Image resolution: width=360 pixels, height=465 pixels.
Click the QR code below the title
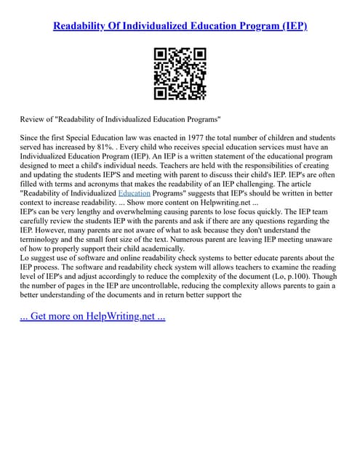click(x=180, y=73)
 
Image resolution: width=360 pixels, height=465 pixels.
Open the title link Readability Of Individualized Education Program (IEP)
click(x=180, y=25)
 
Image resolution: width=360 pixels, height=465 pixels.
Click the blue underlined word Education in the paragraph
click(x=133, y=195)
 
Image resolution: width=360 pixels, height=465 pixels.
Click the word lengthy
click(x=92, y=215)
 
